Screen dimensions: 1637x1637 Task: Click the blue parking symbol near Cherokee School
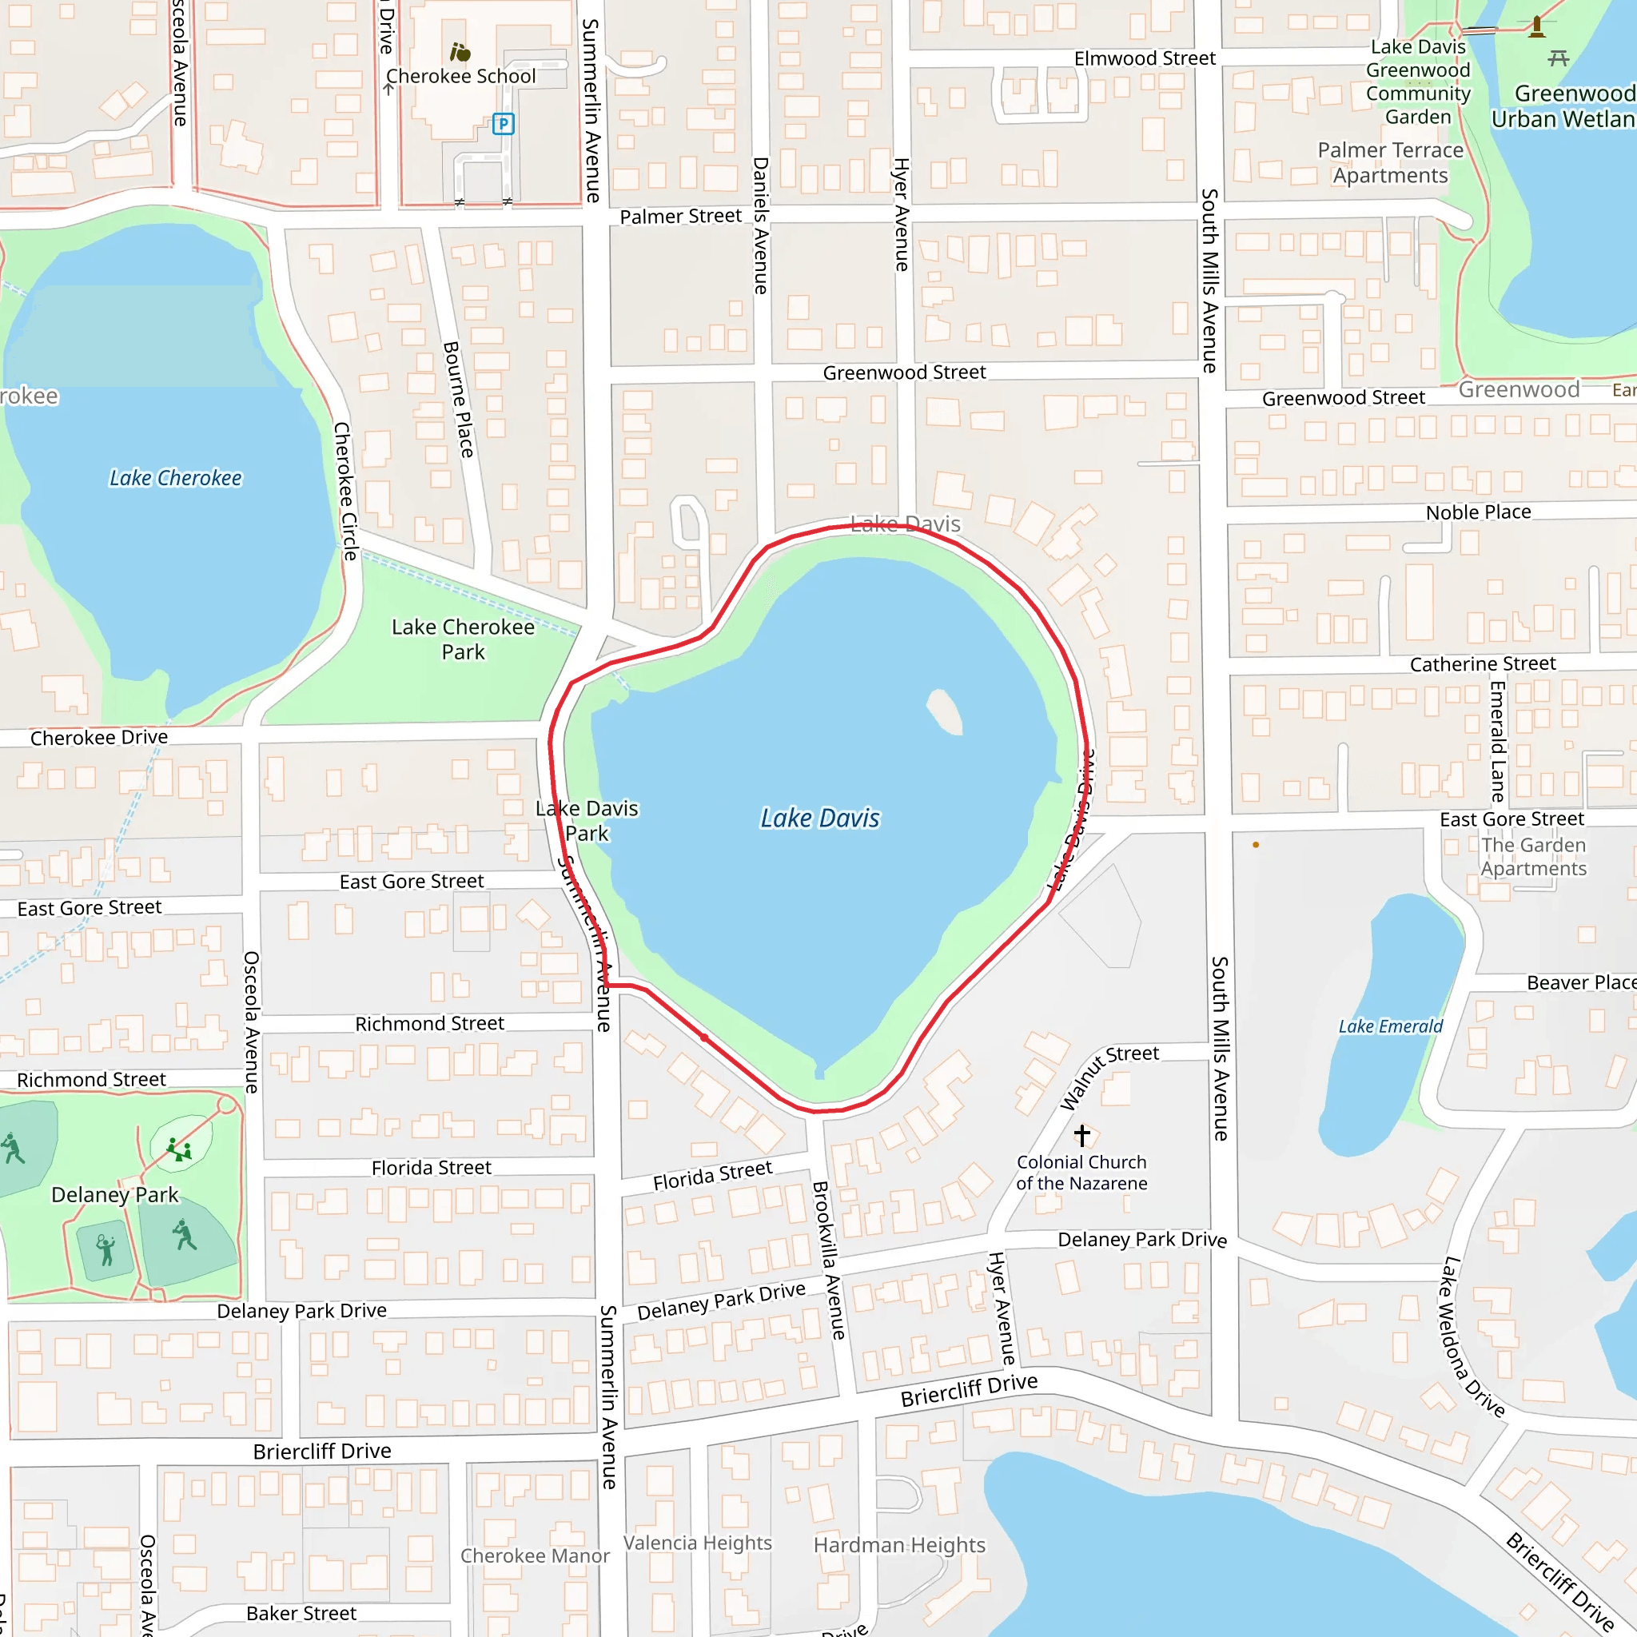[504, 125]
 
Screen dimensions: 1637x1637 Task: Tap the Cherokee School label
[461, 76]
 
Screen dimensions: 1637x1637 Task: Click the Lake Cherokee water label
[175, 478]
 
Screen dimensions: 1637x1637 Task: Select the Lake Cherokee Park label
[463, 639]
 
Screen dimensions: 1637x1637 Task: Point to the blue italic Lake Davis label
[819, 818]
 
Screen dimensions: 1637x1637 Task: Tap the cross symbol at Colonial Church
[1082, 1134]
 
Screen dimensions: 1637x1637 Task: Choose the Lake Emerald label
[1391, 1026]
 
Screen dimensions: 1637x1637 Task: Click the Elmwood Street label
[1145, 58]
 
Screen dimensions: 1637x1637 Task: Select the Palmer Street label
[680, 216]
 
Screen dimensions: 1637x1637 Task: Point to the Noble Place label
[1479, 512]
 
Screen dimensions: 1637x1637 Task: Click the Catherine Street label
[1483, 663]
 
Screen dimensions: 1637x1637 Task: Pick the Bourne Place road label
[458, 399]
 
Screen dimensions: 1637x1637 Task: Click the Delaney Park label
[115, 1195]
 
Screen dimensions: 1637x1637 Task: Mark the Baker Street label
[301, 1613]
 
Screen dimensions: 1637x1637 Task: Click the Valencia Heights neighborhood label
[697, 1543]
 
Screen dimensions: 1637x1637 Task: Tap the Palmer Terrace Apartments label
[1391, 163]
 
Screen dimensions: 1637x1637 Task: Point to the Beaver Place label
[1581, 982]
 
